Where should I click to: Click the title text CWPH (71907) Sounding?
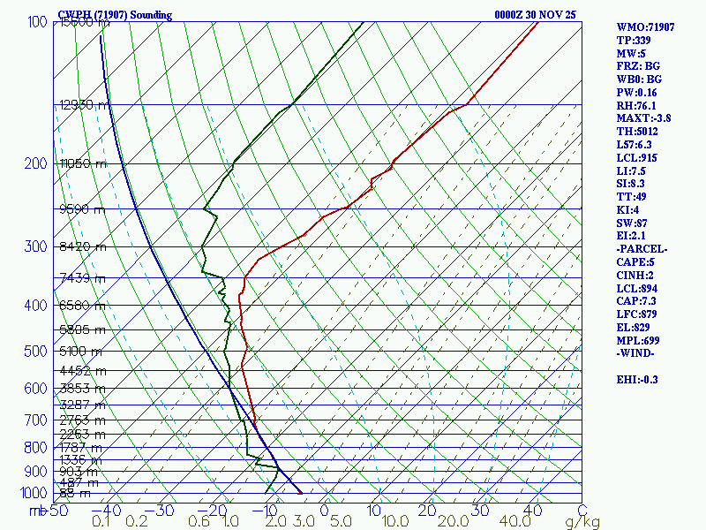(115, 15)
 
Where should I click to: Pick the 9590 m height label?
(81, 209)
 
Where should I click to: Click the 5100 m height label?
(81, 351)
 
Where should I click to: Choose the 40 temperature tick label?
(532, 510)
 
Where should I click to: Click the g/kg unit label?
(582, 522)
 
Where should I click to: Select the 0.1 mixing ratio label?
(101, 522)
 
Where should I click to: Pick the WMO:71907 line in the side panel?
(646, 26)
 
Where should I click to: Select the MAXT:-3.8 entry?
(644, 117)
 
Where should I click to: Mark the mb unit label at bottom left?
(37, 510)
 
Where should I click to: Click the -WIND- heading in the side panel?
(637, 353)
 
